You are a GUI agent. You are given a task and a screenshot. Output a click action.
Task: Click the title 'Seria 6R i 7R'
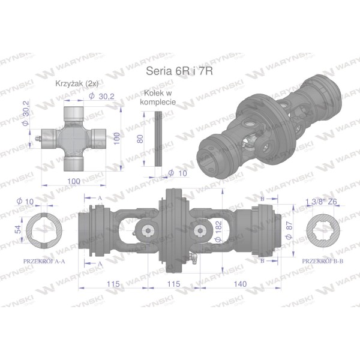pos(179,71)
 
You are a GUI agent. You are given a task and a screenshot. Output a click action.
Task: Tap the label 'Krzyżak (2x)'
pos(77,83)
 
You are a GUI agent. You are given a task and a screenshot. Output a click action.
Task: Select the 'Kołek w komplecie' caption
pos(158,97)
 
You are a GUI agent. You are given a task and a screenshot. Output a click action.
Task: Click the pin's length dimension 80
pos(140,139)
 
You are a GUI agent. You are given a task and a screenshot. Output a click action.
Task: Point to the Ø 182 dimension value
pos(218,231)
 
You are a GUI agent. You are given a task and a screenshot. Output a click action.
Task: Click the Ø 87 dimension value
pos(289,230)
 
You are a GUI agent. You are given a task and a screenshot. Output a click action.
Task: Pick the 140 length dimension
pos(240,284)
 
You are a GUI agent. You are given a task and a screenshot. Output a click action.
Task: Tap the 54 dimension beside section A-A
pos(18,229)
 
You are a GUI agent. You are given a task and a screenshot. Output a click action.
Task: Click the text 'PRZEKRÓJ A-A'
pos(44,261)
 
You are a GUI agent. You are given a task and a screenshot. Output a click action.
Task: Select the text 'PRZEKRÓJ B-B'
pos(322,261)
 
